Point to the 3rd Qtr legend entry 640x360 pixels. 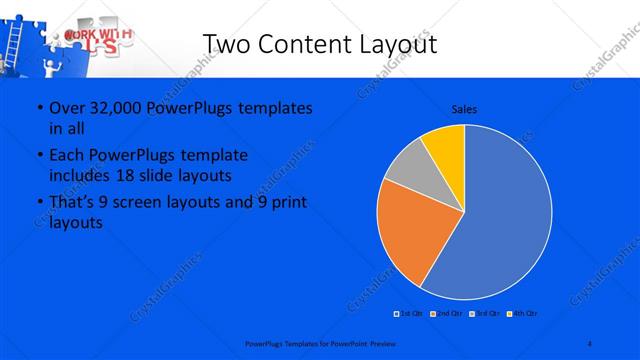pos(484,314)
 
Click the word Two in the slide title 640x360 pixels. pos(227,45)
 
